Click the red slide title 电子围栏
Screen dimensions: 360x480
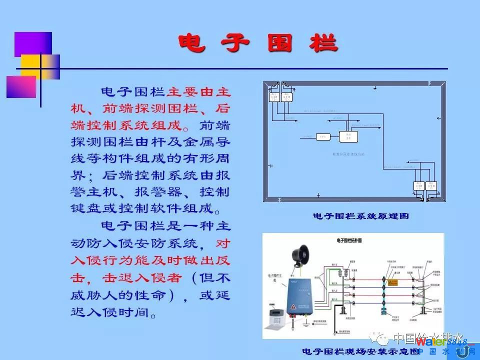point(257,44)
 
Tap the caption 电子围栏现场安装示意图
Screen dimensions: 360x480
point(360,352)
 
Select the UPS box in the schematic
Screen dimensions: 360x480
point(322,136)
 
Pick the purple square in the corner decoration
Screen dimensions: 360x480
point(33,44)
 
